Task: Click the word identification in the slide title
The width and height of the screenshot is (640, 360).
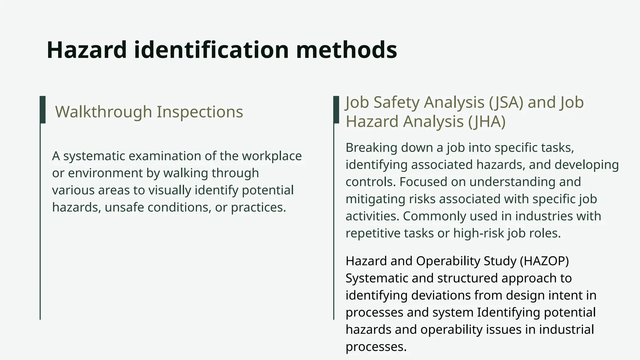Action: (x=211, y=50)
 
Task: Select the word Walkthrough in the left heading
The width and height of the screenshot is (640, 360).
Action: (x=103, y=112)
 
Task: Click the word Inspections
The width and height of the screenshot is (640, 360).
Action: (x=200, y=112)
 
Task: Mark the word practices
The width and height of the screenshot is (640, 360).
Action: (x=258, y=207)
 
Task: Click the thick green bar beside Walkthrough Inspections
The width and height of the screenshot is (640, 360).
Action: (x=43, y=110)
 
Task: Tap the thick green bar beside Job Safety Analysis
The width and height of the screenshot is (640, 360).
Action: (x=336, y=110)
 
